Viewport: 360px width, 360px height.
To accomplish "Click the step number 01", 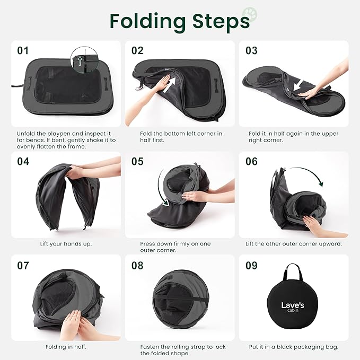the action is [23, 51].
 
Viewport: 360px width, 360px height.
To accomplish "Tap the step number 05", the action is [137, 162].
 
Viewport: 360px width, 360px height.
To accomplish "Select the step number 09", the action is [252, 266].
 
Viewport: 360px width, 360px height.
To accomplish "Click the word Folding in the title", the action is [148, 21].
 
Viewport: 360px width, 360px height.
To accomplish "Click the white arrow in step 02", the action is [169, 85].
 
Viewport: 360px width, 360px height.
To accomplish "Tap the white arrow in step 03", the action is [298, 85].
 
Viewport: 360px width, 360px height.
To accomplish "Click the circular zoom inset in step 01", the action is [84, 60].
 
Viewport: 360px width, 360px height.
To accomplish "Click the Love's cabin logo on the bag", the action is [293, 306].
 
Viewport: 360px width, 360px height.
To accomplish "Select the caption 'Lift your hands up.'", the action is [66, 244].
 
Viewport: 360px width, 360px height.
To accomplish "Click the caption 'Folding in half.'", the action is [66, 347].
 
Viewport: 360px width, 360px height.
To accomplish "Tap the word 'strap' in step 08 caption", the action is [204, 347].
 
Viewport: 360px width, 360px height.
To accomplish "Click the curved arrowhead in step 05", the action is [165, 203].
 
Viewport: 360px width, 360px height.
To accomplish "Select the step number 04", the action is [23, 162].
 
